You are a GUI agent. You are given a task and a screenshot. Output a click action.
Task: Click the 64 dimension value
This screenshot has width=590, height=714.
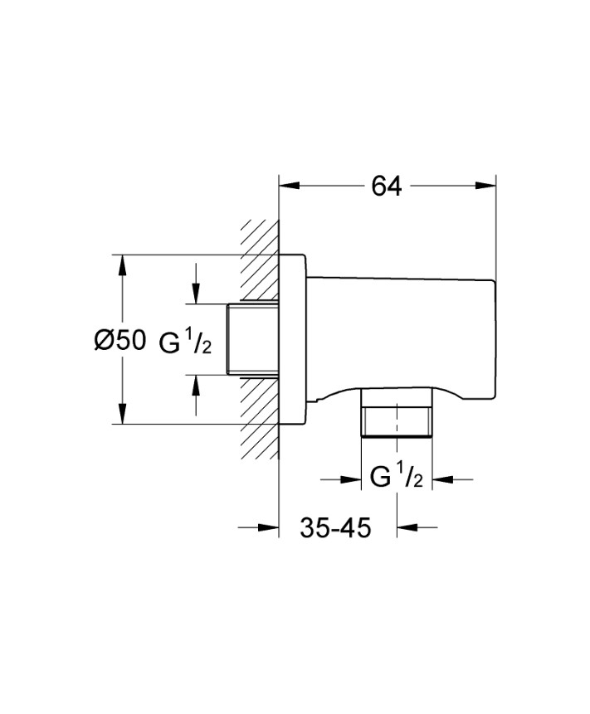pyautogui.click(x=387, y=187)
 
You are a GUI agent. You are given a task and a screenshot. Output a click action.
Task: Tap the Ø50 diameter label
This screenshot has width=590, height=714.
pyautogui.click(x=119, y=340)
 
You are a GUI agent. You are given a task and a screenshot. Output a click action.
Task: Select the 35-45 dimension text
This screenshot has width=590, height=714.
pyautogui.click(x=335, y=527)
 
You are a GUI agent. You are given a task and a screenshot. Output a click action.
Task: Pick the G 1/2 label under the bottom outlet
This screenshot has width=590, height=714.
pyautogui.click(x=396, y=478)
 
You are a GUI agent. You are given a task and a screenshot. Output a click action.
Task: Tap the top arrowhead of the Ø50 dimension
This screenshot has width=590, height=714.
pyautogui.click(x=122, y=265)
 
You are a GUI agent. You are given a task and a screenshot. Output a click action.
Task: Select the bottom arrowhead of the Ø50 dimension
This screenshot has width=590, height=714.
pyautogui.click(x=122, y=415)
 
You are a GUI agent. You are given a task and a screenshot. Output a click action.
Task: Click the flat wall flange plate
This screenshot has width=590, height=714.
pyautogui.click(x=291, y=340)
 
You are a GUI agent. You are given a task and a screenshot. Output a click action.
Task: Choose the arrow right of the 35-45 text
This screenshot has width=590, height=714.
pyautogui.click(x=407, y=527)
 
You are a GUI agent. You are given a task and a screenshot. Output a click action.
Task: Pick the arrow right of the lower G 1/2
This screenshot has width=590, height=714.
pyautogui.click(x=441, y=478)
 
